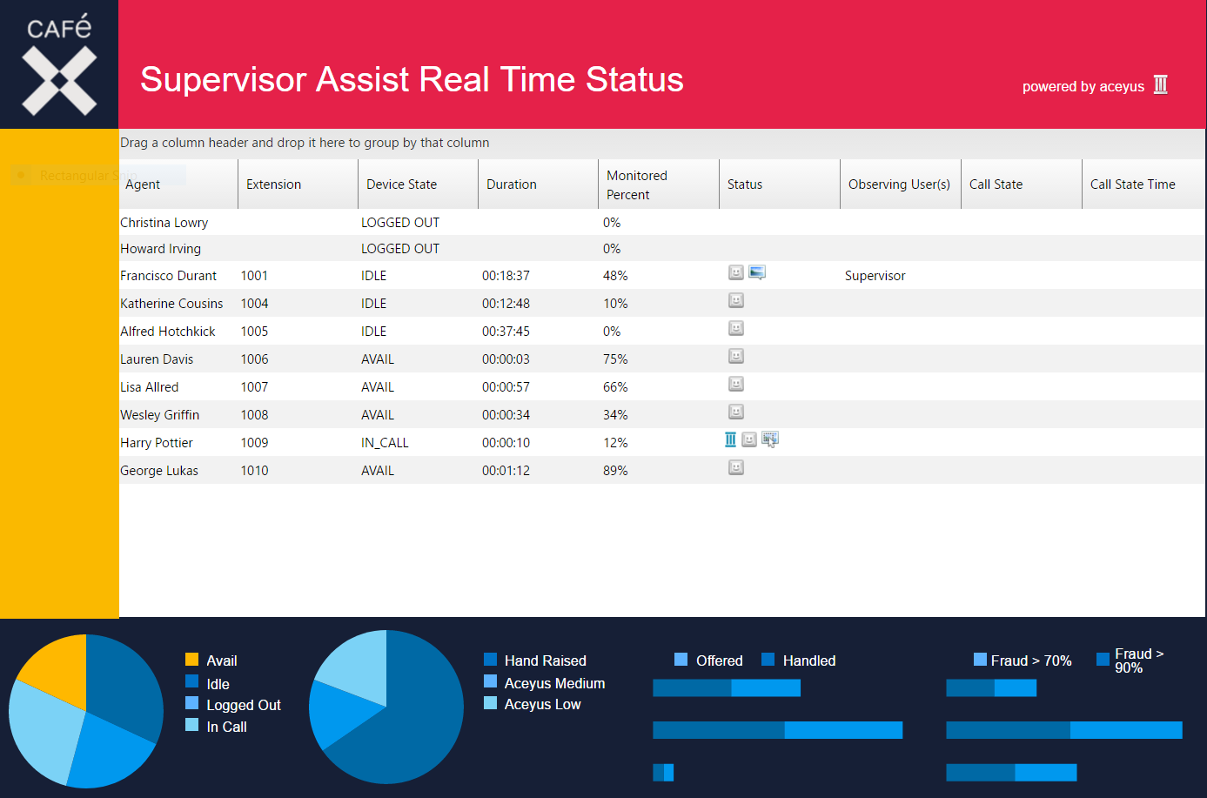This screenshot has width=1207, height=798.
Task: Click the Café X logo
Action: [x=59, y=64]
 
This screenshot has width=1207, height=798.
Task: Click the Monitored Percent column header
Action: [x=637, y=184]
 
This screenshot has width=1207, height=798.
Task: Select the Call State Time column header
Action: [x=1132, y=184]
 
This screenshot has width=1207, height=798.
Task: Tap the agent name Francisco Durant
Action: [x=168, y=276]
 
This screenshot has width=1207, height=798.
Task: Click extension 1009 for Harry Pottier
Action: [x=254, y=443]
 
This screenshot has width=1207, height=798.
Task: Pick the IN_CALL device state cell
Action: [x=385, y=443]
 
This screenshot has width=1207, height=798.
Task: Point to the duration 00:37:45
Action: [x=506, y=332]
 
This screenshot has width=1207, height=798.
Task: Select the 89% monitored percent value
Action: [x=615, y=471]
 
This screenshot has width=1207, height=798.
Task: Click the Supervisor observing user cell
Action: [x=875, y=276]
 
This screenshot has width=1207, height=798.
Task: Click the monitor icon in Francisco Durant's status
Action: [x=757, y=273]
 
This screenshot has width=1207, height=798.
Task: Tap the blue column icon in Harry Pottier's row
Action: [x=730, y=439]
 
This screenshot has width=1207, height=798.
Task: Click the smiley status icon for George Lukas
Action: [x=736, y=468]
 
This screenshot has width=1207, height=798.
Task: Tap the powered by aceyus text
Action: [x=1083, y=87]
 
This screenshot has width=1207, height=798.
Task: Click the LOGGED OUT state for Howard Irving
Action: [x=400, y=249]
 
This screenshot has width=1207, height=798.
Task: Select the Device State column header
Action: [x=401, y=184]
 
